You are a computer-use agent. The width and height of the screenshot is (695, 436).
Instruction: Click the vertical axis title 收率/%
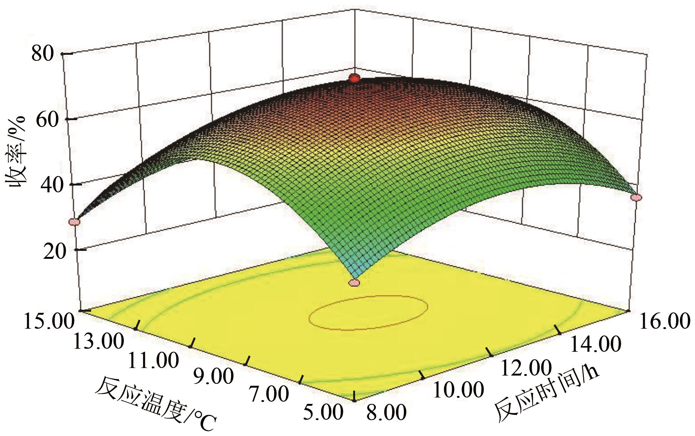(16, 152)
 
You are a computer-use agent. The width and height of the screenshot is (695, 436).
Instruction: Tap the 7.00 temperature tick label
(268, 394)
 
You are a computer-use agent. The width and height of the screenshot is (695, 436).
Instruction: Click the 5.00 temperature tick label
(323, 411)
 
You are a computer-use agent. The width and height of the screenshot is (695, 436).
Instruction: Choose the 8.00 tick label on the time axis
(386, 412)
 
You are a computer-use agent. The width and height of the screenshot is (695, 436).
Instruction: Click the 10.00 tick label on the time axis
(458, 390)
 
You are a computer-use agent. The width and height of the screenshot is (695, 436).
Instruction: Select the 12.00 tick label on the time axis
(526, 367)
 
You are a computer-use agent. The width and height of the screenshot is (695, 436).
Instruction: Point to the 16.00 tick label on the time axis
(664, 321)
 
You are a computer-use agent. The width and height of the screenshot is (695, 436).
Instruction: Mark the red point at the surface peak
(354, 79)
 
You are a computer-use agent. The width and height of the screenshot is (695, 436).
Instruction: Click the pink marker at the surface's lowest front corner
(354, 283)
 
